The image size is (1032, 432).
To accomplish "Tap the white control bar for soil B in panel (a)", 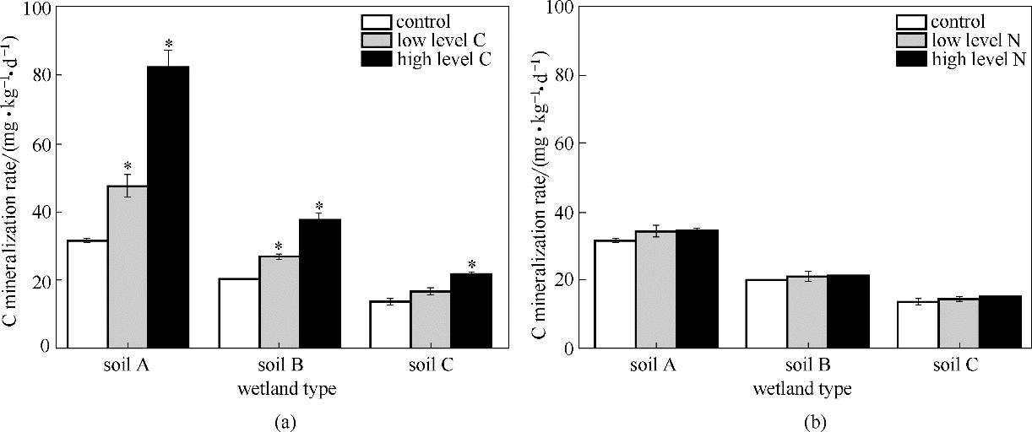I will [x=239, y=313].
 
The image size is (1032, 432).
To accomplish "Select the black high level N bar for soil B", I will [x=847, y=311].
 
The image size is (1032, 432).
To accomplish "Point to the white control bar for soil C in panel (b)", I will [x=917, y=325].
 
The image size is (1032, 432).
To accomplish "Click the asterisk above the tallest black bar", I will [x=169, y=44].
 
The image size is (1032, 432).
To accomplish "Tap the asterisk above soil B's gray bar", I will [x=279, y=247].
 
